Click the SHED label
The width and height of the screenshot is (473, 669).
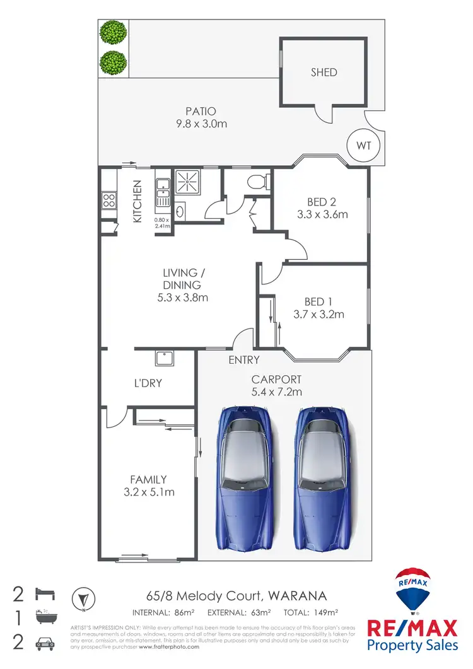coord(324,72)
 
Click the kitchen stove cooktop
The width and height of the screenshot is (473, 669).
coord(108,201)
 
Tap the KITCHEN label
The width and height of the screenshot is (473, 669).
coord(137,201)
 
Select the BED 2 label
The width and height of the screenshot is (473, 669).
coord(321,202)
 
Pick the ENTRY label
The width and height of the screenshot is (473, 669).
coord(244,360)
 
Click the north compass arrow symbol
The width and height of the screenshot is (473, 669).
coord(82,598)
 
